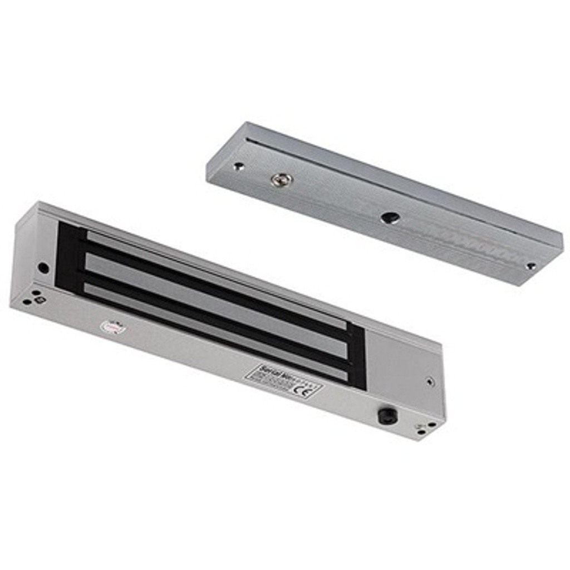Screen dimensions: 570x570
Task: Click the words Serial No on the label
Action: point(273,371)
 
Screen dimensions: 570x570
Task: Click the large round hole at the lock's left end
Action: point(43,267)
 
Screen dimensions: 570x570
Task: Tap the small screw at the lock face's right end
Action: point(429,382)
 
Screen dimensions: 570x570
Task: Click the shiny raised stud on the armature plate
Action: point(282,180)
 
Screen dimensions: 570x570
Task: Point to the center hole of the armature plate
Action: point(387,218)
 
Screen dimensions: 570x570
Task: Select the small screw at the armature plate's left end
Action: point(239,166)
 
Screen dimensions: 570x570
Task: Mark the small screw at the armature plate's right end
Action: point(531,266)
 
